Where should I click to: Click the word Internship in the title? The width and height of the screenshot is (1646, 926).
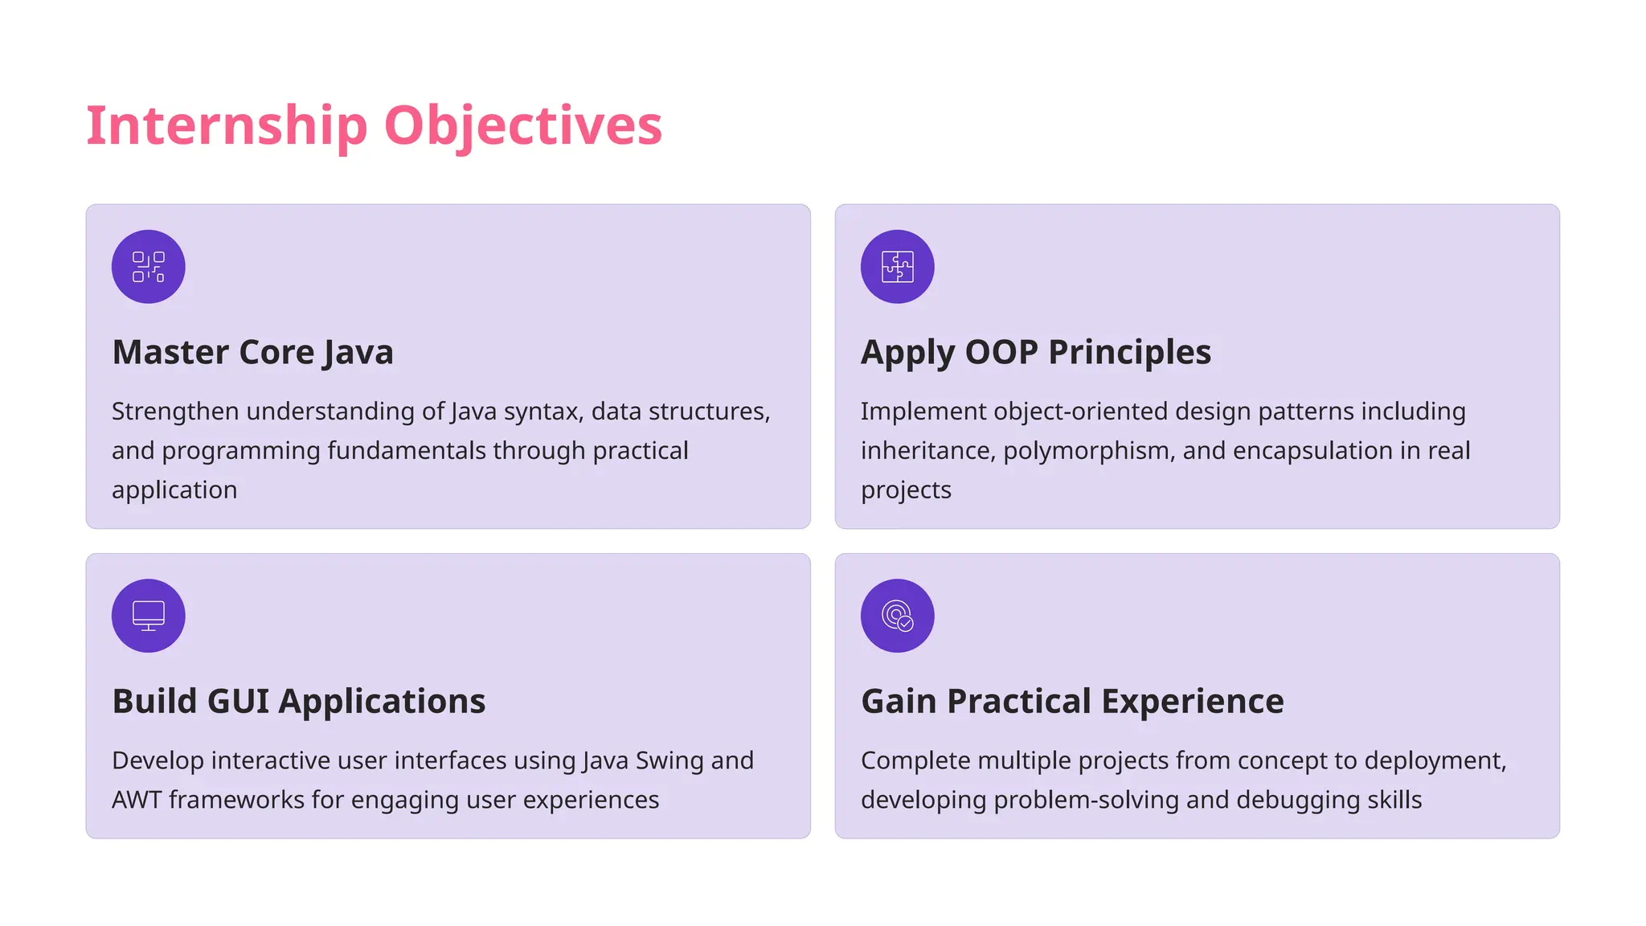pos(227,126)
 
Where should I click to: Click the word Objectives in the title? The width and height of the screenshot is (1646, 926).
pos(522,126)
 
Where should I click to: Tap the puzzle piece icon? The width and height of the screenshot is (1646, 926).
pos(897,267)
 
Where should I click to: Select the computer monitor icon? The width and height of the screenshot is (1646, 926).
pos(149,616)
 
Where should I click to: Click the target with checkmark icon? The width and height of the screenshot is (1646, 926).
pos(897,616)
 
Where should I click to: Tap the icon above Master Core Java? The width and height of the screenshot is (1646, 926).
pos(149,267)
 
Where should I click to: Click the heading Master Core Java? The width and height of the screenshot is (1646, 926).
pos(252,352)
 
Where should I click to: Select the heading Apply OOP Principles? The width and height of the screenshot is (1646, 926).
pos(1035,352)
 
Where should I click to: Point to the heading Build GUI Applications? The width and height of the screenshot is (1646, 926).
pos(298,701)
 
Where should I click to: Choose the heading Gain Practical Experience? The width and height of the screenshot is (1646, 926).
pos(1072,701)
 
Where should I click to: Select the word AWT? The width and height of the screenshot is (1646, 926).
pos(137,800)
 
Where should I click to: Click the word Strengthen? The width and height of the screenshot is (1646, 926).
pos(175,412)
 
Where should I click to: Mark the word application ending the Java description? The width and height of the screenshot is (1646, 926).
pos(174,490)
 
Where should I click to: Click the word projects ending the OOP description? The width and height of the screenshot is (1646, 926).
pos(906,490)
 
